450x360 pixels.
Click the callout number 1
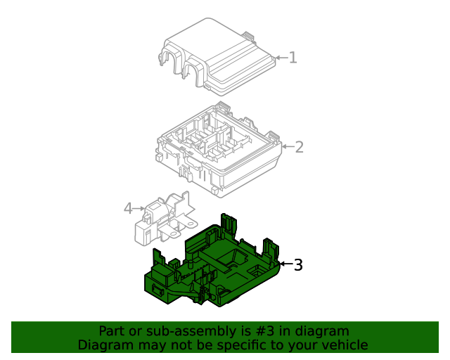pyautogui.click(x=292, y=58)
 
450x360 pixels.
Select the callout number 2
pyautogui.click(x=300, y=147)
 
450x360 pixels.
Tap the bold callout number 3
pyautogui.click(x=298, y=264)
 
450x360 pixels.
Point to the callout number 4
pyautogui.click(x=128, y=208)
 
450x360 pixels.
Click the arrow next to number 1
pyautogui.click(x=281, y=58)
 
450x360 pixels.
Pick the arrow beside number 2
pyautogui.click(x=288, y=147)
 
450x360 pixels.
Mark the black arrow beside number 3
pyautogui.click(x=286, y=264)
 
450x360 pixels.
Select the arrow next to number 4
pyautogui.click(x=139, y=208)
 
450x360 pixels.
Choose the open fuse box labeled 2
pyautogui.click(x=219, y=150)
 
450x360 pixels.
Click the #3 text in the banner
pyautogui.click(x=264, y=331)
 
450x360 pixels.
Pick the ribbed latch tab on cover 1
pyautogui.click(x=248, y=37)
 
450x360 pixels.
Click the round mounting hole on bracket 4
pyautogui.click(x=190, y=224)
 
